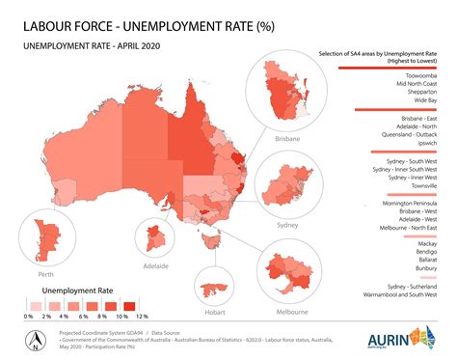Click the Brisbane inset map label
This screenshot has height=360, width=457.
click(x=286, y=139)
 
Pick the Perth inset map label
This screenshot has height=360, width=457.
click(x=42, y=273)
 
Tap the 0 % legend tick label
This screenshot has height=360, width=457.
click(x=29, y=316)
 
